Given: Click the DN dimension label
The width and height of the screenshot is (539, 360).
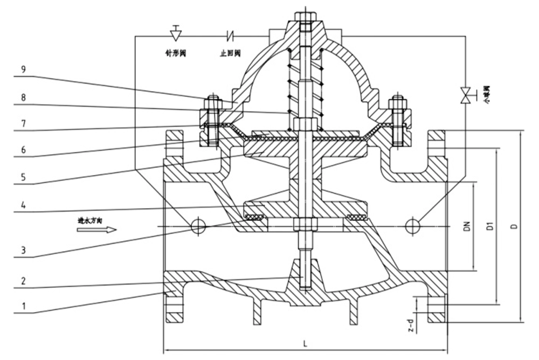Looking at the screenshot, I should [467, 226].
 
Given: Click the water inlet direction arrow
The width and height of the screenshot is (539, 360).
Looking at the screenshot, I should [96, 230].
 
